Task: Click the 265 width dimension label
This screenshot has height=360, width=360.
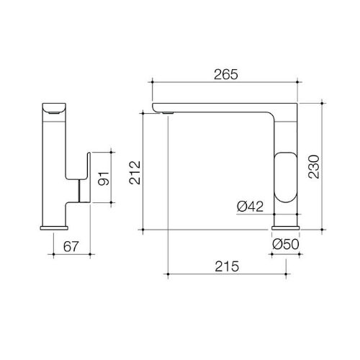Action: pyautogui.click(x=226, y=74)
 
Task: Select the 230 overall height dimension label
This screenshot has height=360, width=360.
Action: pyautogui.click(x=314, y=166)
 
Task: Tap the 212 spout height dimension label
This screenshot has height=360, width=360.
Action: pyautogui.click(x=135, y=173)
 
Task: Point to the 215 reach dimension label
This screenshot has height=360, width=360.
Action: pyautogui.click(x=227, y=266)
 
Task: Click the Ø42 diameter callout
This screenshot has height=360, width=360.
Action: pyautogui.click(x=250, y=206)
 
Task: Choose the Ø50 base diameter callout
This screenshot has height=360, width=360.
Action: pyautogui.click(x=286, y=244)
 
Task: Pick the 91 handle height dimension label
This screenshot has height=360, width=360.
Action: pyautogui.click(x=104, y=179)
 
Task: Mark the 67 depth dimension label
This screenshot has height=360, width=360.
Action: pyautogui.click(x=71, y=246)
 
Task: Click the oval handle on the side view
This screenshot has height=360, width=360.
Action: pyautogui.click(x=286, y=177)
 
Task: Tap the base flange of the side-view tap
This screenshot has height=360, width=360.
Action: pyautogui.click(x=54, y=228)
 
